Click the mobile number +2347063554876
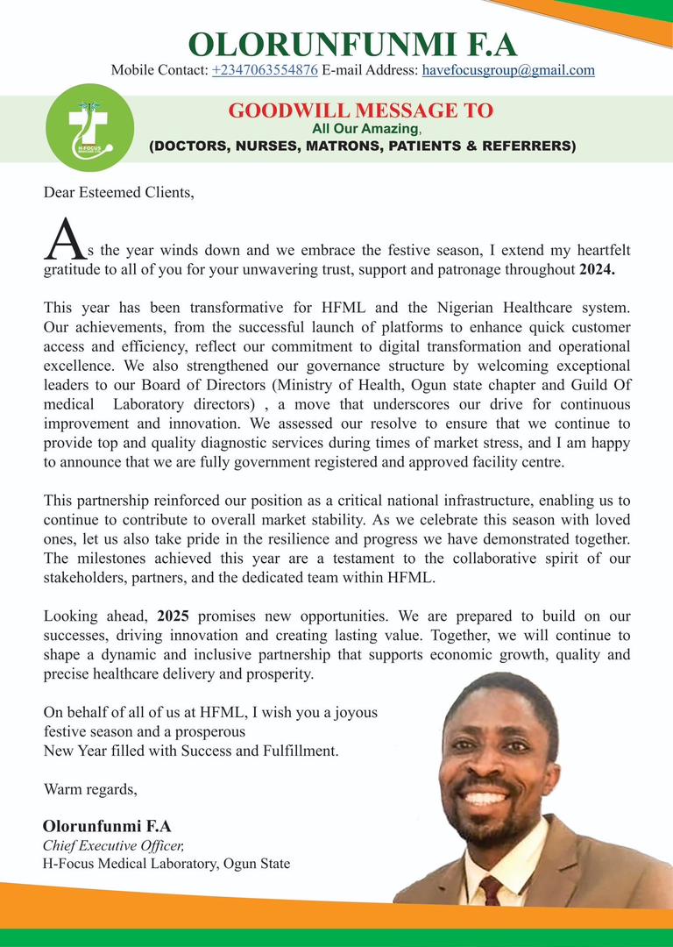265,70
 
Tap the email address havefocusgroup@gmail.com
508,70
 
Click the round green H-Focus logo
89,127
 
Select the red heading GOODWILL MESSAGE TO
360,110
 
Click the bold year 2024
598,270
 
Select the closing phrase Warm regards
90,789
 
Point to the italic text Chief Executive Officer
114,845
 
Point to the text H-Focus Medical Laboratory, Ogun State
166,864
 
